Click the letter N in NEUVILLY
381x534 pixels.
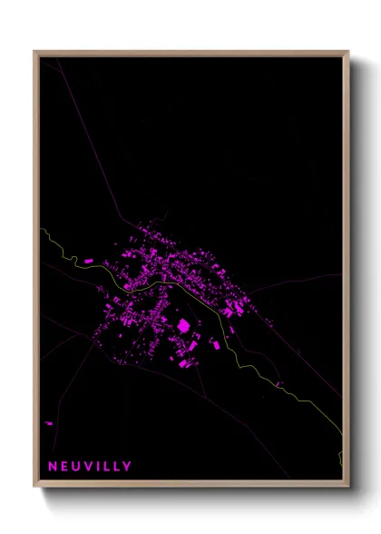(53, 467)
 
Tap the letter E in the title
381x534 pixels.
(65, 467)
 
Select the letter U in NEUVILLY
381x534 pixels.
(78, 467)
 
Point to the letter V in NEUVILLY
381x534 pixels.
(91, 467)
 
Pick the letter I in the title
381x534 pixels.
(101, 467)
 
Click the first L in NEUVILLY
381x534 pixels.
(109, 467)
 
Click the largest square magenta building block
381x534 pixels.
(182, 324)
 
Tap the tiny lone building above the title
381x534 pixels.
(49, 422)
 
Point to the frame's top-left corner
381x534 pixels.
(35, 52)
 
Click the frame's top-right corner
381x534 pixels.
(348, 52)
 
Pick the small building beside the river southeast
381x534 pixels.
(280, 382)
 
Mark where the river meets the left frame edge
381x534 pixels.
(41, 230)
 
